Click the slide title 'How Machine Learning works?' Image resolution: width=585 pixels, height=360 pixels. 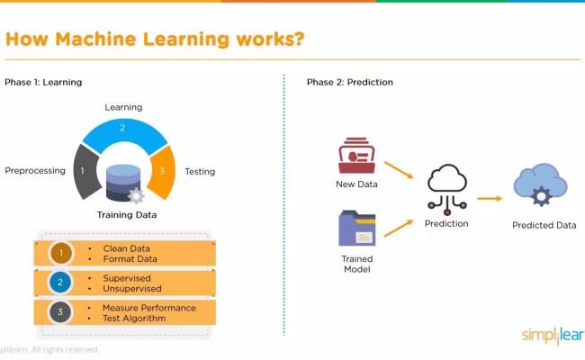click(x=154, y=40)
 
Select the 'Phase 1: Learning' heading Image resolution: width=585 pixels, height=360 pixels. click(x=43, y=82)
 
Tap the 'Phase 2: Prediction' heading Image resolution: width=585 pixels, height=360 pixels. click(x=349, y=82)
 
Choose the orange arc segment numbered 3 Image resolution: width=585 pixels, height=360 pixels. click(x=162, y=171)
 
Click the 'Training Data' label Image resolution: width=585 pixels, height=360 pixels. click(x=127, y=215)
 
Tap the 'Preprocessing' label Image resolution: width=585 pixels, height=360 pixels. click(x=35, y=170)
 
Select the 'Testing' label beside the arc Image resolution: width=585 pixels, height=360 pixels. click(x=200, y=171)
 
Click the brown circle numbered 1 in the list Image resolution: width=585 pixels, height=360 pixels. click(x=61, y=253)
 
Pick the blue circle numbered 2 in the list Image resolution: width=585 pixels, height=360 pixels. click(x=61, y=283)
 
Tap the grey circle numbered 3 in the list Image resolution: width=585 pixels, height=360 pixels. click(x=61, y=312)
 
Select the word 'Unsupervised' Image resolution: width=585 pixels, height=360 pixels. click(x=132, y=288)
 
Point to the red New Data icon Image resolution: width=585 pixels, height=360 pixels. click(x=356, y=155)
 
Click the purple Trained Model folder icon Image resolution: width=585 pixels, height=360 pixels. click(x=356, y=228)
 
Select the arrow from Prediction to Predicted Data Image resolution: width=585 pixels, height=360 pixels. click(x=489, y=198)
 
